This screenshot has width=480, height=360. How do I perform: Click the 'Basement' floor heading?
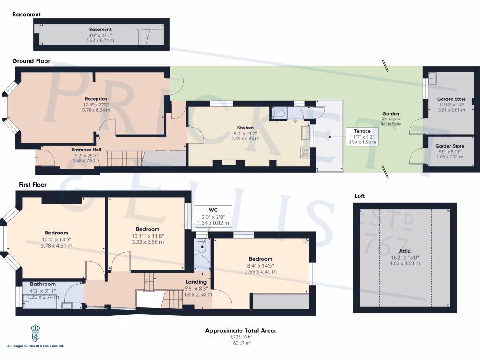[27, 15]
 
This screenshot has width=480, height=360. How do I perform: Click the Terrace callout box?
[362, 136]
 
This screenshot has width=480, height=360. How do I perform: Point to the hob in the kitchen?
[305, 152]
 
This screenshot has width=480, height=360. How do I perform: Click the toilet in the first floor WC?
[202, 245]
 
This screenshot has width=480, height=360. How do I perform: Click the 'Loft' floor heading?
[360, 196]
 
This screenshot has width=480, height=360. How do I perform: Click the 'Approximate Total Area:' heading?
[241, 331]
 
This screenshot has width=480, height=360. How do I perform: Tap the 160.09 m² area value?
[241, 343]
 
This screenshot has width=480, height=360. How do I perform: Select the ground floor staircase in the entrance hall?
[124, 158]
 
